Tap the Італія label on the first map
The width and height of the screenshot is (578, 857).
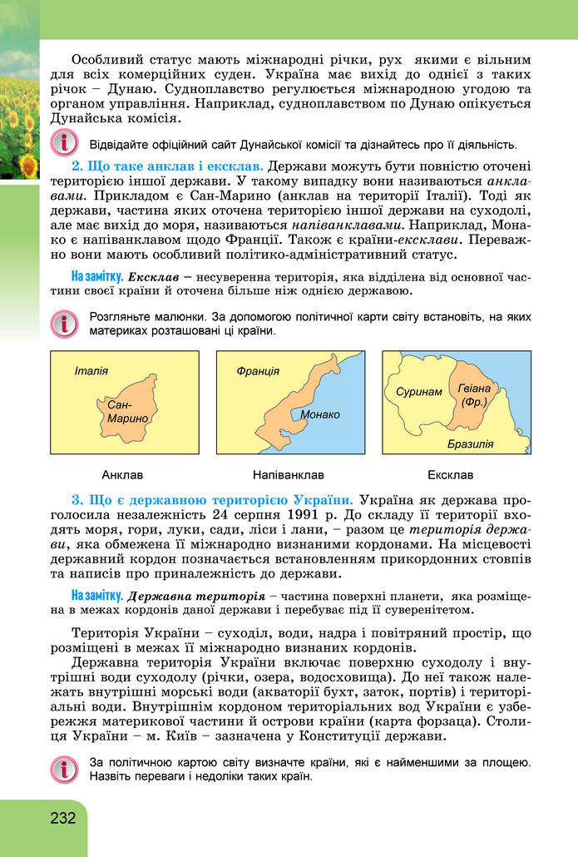click(x=91, y=370)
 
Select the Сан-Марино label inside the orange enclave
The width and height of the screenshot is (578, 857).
click(x=127, y=411)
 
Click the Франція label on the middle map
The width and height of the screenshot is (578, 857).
click(x=258, y=371)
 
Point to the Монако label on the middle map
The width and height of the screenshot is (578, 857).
click(x=320, y=414)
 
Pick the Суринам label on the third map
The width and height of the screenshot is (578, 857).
click(x=419, y=391)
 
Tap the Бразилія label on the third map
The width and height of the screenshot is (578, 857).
click(x=470, y=443)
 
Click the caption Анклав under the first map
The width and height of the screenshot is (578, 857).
click(x=122, y=475)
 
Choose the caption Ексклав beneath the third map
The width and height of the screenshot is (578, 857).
click(x=450, y=475)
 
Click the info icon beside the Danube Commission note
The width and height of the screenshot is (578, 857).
click(x=62, y=141)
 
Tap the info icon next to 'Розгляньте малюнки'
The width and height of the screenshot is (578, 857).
click(x=62, y=324)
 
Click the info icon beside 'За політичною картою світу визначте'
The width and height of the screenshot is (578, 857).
click(x=62, y=770)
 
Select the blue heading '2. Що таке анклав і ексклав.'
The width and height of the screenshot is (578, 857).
click(x=168, y=166)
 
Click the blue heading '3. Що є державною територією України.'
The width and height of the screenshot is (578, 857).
click(x=213, y=500)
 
